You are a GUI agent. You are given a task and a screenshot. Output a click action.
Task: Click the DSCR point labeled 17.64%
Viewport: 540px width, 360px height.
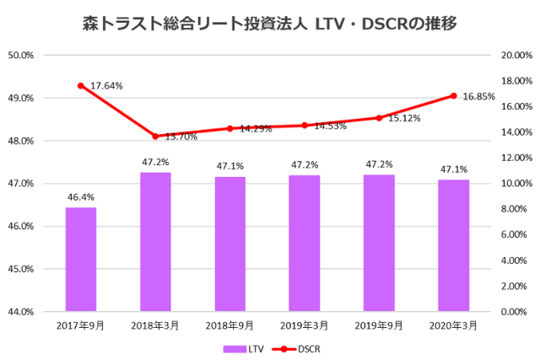point(81,86)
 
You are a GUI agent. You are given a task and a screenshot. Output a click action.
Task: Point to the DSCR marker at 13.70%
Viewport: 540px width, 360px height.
point(155,136)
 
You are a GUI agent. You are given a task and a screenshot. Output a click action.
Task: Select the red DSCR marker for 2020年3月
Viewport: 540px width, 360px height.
point(453,95)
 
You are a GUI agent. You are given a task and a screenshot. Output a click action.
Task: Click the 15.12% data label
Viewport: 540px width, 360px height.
point(405,119)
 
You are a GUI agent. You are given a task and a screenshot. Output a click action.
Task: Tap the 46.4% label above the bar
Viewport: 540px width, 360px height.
point(81,197)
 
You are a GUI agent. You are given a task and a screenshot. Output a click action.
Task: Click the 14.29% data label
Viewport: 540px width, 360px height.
point(256,129)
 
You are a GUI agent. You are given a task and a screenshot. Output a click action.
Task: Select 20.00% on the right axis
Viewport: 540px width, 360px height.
point(515,56)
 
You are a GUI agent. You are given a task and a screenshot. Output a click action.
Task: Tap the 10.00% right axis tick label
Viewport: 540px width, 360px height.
point(515,184)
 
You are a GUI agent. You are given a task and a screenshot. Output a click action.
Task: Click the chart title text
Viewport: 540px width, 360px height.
point(270,24)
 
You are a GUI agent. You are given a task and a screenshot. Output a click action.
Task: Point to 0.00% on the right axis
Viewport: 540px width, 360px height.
point(516,312)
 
